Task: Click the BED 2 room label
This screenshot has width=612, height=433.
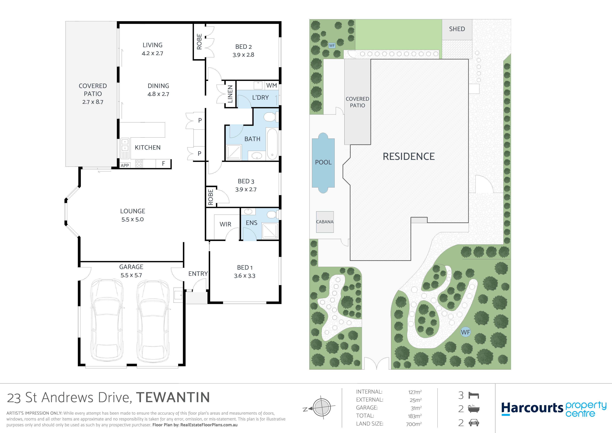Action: [x=243, y=47]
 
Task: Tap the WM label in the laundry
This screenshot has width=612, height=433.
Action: [x=271, y=86]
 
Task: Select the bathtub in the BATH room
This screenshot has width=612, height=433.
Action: [x=272, y=144]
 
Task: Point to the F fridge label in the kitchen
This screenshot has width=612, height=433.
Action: [x=163, y=163]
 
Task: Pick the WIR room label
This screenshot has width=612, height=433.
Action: [x=225, y=224]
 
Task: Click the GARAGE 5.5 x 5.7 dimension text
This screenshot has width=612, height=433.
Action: [x=131, y=275]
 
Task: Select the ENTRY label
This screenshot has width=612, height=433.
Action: [x=198, y=274]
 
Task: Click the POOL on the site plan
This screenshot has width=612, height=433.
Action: [x=323, y=163]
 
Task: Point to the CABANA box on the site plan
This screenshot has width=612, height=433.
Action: [x=325, y=222]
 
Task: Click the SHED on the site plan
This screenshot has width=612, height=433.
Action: [x=457, y=29]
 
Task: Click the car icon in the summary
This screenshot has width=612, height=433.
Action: [x=474, y=423]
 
